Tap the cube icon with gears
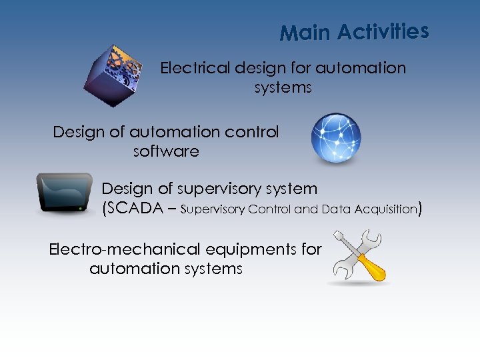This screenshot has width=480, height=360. [x=114, y=75]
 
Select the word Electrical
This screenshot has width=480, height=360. [x=193, y=68]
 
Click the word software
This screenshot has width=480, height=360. [x=166, y=151]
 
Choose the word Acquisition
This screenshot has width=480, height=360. [x=381, y=209]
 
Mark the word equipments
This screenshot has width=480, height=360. [x=257, y=249]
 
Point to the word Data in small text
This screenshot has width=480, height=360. [x=334, y=209]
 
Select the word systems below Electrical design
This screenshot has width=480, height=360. [x=283, y=87]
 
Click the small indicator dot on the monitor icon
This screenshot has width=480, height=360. [x=79, y=208]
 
